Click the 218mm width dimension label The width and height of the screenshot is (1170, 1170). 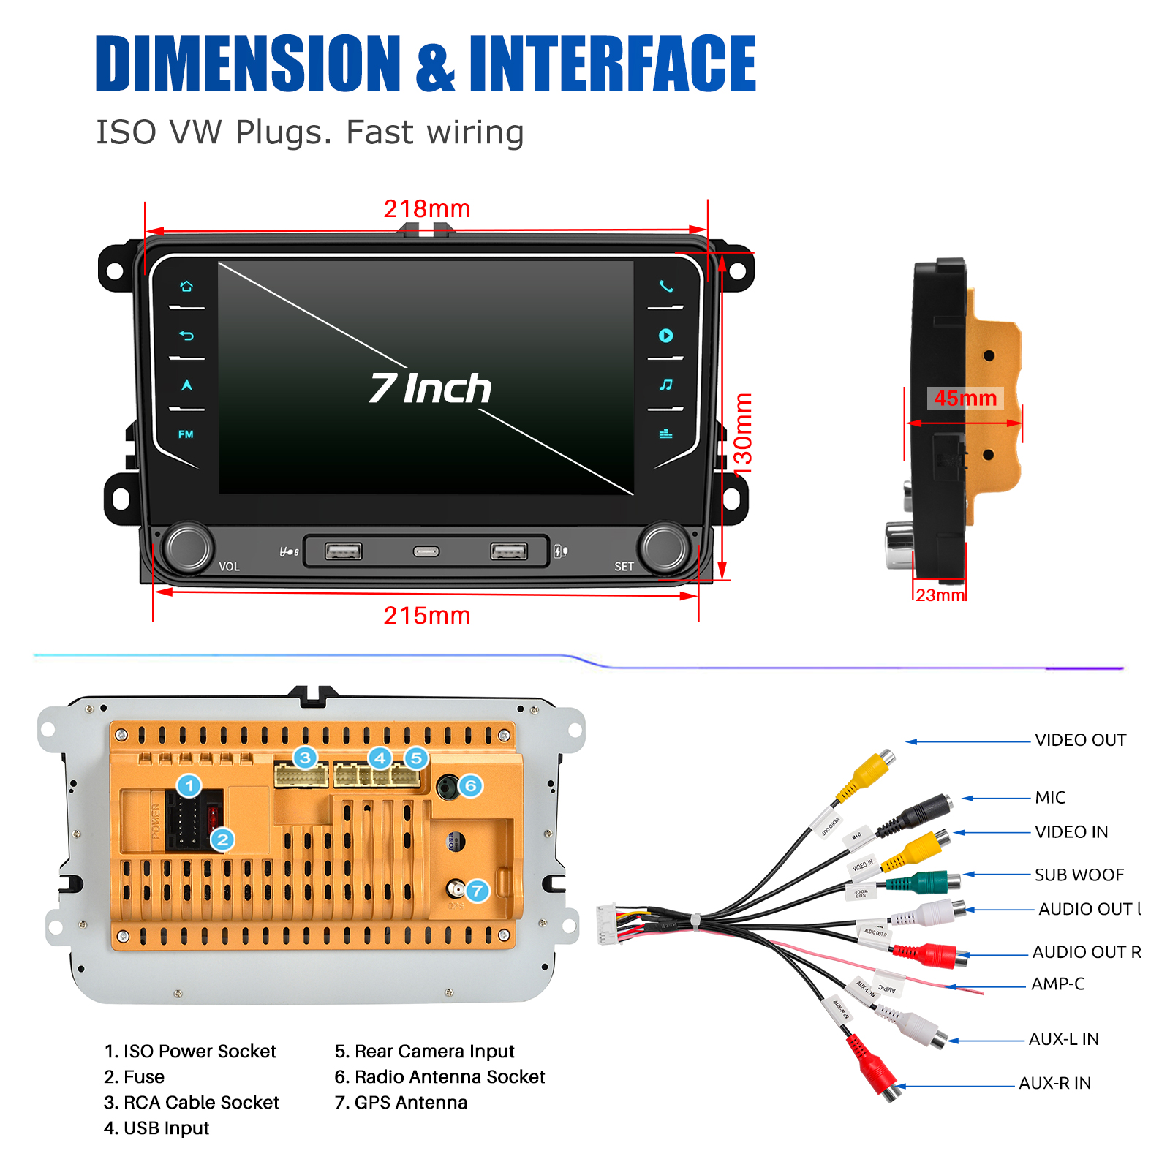pyautogui.click(x=426, y=209)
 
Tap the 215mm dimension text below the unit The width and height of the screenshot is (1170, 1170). pyautogui.click(x=426, y=616)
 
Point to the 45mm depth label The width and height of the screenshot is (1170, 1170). pyautogui.click(x=965, y=399)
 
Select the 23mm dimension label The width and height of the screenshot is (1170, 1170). pyautogui.click(x=940, y=595)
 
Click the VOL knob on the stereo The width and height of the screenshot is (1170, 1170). pyautogui.click(x=189, y=547)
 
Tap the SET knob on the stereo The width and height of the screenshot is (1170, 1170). pyautogui.click(x=664, y=547)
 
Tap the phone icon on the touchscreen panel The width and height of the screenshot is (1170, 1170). pyautogui.click(x=665, y=286)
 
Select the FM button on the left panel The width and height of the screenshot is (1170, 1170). pyautogui.click(x=186, y=434)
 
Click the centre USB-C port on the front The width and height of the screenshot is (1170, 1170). pyautogui.click(x=426, y=551)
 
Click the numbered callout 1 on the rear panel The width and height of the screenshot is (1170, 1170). pyautogui.click(x=189, y=786)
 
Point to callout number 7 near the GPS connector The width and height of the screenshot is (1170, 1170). pyautogui.click(x=477, y=891)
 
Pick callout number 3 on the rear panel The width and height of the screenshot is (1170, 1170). pyautogui.click(x=305, y=758)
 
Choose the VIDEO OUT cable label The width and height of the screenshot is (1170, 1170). pyautogui.click(x=1080, y=740)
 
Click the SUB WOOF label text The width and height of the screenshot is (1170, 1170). pyautogui.click(x=1079, y=875)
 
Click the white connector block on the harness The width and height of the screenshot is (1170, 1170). pyautogui.click(x=608, y=924)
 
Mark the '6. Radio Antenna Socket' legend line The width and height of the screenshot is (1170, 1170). pyautogui.click(x=439, y=1077)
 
